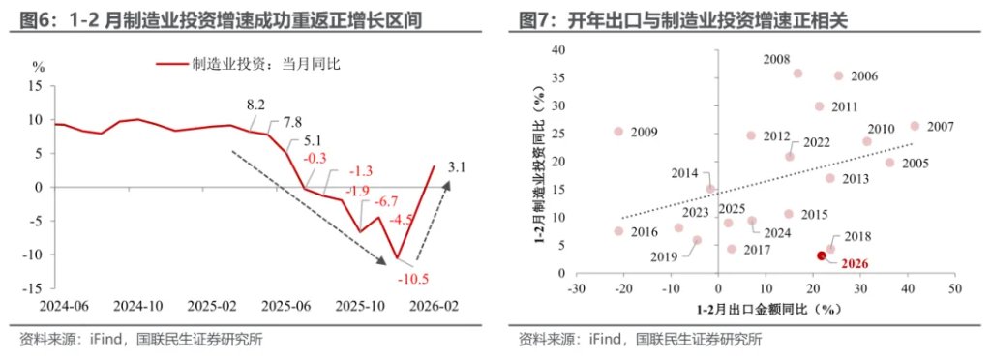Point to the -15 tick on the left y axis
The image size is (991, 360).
33,288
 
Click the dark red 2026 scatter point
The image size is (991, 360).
821,255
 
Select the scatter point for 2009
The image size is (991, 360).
619,132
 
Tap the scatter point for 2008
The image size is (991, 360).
797,74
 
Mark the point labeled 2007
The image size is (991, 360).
914,126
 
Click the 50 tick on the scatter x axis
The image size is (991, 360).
954,289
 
